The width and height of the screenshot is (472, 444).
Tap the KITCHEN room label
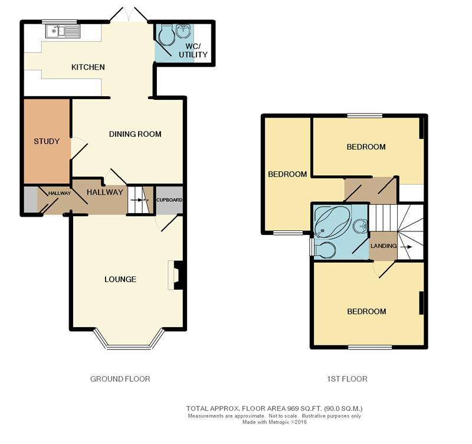pyautogui.click(x=88, y=67)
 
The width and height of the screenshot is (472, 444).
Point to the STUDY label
pyautogui.click(x=47, y=141)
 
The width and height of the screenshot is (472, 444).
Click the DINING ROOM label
pyautogui.click(x=135, y=134)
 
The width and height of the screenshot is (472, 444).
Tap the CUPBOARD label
pyautogui.click(x=169, y=200)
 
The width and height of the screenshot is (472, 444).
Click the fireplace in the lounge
pyautogui.click(x=178, y=276)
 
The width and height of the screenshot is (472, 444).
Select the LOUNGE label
pyautogui.click(x=120, y=279)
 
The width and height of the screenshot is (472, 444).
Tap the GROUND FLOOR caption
pyautogui.click(x=120, y=379)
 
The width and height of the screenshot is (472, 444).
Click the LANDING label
pyautogui.click(x=383, y=246)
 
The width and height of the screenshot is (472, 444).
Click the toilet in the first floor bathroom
pyautogui.click(x=325, y=250)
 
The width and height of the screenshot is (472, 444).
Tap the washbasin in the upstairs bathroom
pyautogui.click(x=361, y=225)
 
